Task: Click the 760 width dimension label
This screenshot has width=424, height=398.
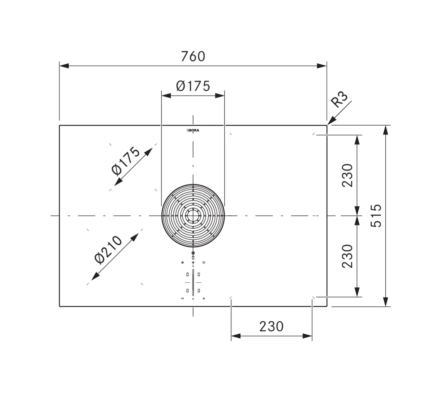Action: (193, 56)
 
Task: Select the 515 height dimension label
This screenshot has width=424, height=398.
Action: (376, 216)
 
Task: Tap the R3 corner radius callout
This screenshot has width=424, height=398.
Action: (339, 99)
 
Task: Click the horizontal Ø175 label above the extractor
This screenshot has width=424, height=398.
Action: (193, 86)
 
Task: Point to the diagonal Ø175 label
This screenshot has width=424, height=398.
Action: (125, 161)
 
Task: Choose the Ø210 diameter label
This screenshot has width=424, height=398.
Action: (108, 250)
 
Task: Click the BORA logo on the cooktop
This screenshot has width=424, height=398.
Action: (193, 130)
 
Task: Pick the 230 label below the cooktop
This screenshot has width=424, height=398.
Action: (271, 326)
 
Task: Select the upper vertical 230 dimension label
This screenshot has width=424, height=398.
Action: (347, 176)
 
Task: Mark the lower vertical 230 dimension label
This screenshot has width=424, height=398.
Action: (347, 256)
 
